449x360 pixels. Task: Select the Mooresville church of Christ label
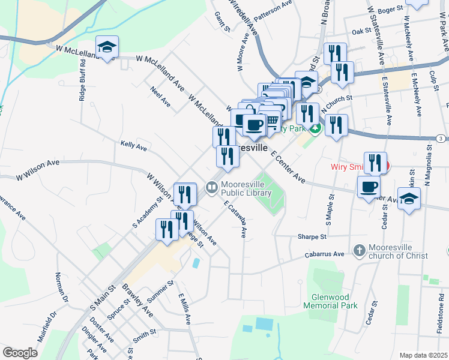point(398,251)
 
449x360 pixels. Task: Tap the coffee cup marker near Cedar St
point(369,186)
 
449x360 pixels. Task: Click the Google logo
point(20,353)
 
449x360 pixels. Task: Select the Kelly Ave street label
point(133,145)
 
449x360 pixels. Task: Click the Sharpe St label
point(312,237)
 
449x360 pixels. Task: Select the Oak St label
point(362,31)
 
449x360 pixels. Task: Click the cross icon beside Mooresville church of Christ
point(359,251)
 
